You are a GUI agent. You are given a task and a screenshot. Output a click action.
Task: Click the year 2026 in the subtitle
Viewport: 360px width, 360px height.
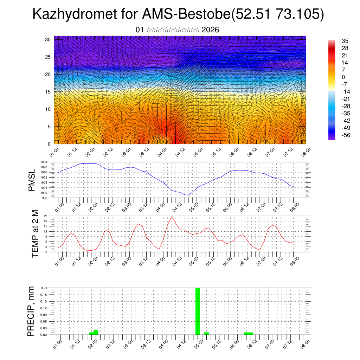click(x=210, y=30)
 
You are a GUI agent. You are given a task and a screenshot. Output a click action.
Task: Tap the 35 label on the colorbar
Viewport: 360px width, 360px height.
click(x=335, y=41)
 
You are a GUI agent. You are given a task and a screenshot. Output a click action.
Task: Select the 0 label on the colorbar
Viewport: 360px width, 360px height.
click(x=333, y=77)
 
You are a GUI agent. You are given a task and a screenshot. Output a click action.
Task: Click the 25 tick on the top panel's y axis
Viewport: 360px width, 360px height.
click(x=48, y=57)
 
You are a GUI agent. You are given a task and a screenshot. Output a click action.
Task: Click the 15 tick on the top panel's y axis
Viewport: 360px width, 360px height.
click(x=48, y=92)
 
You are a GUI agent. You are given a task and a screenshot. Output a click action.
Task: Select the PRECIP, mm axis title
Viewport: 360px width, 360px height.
click(x=32, y=311)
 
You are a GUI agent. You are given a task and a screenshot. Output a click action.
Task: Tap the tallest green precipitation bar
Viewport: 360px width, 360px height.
click(x=198, y=311)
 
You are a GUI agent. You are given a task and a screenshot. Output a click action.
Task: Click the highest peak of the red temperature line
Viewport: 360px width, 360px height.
click(x=172, y=217)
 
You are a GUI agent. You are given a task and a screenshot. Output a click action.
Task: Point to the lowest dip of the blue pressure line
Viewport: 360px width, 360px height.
click(x=188, y=195)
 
